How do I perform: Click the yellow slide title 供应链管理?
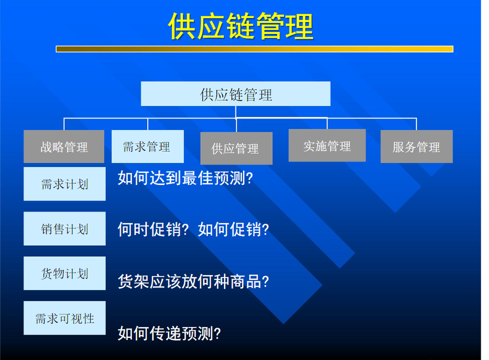click(x=240, y=27)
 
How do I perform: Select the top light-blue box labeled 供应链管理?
click(x=235, y=94)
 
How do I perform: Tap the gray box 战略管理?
click(x=64, y=147)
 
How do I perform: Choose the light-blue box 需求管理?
click(x=148, y=147)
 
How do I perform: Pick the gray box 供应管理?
click(x=236, y=148)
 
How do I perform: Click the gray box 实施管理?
click(x=327, y=146)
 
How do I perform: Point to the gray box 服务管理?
click(x=416, y=147)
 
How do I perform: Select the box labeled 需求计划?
click(x=64, y=184)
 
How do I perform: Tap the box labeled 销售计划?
click(x=64, y=228)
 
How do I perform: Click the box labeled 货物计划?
click(x=64, y=274)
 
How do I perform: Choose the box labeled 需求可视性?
click(x=64, y=318)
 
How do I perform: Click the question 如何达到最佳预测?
click(x=185, y=178)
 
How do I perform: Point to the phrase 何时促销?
click(x=153, y=230)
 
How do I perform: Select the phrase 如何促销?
click(x=233, y=230)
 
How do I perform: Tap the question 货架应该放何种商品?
click(x=194, y=281)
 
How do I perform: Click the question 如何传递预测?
click(x=169, y=333)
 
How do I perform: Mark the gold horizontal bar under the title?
click(x=254, y=49)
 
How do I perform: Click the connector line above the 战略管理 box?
click(x=64, y=124)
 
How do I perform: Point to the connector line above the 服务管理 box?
click(x=416, y=124)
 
